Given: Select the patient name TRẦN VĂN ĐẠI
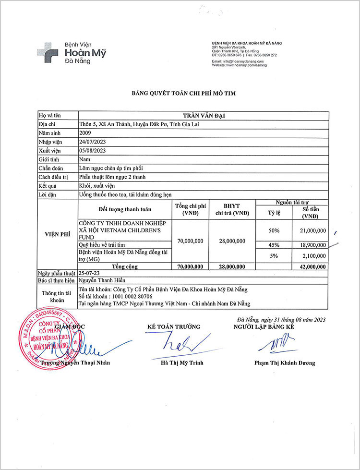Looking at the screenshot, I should pyautogui.click(x=204, y=116).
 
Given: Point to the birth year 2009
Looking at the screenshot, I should pyautogui.click(x=85, y=133).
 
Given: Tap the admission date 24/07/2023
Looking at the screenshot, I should pyautogui.click(x=92, y=142).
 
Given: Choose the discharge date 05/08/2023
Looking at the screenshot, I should pyautogui.click(x=92, y=150).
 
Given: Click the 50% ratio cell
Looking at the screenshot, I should pyautogui.click(x=274, y=231).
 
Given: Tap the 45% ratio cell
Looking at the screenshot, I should pyautogui.click(x=274, y=245).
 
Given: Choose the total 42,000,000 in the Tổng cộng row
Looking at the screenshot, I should pyautogui.click(x=311, y=266).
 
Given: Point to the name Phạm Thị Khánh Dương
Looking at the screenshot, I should pyautogui.click(x=285, y=363).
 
